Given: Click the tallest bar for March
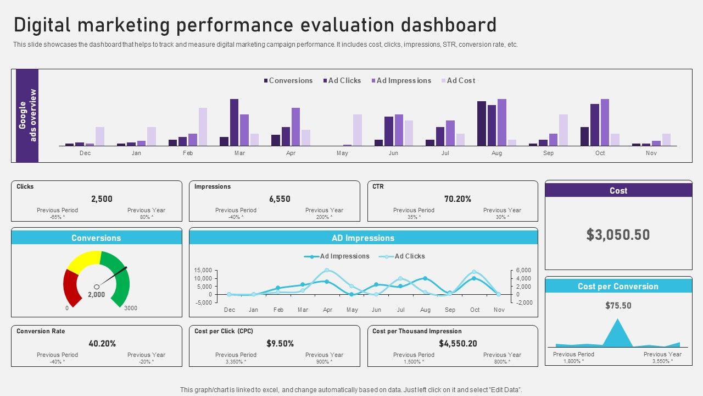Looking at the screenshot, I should tap(234, 122).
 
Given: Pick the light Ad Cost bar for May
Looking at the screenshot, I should tap(358, 130).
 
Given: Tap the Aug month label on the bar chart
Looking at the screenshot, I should tap(496, 153).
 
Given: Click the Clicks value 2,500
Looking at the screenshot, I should tap(102, 199).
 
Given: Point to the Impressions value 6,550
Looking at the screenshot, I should tap(280, 199).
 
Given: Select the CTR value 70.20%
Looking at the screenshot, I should tap(457, 199).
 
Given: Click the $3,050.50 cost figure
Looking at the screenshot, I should tap(618, 235).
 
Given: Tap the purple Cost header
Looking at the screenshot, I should tap(618, 190).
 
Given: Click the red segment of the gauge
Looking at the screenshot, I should tap(71, 286).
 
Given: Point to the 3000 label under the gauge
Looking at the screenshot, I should tap(131, 309).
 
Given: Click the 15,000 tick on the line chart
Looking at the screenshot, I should tap(203, 270).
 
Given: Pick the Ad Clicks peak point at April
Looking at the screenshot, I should tap(327, 270).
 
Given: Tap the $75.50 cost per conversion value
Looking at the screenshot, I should tap(618, 306).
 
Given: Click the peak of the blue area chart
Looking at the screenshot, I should tap(618, 320).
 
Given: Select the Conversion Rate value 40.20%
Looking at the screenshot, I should tap(102, 344).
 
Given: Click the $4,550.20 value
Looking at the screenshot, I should tap(457, 344).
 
